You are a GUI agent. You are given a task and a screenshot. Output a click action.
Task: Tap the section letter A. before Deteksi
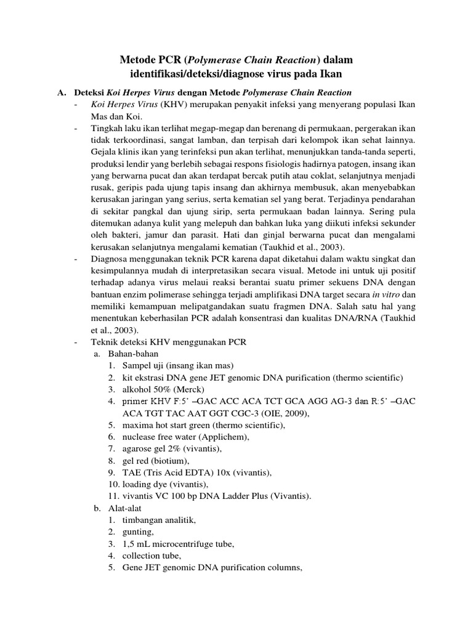pos(62,92)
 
